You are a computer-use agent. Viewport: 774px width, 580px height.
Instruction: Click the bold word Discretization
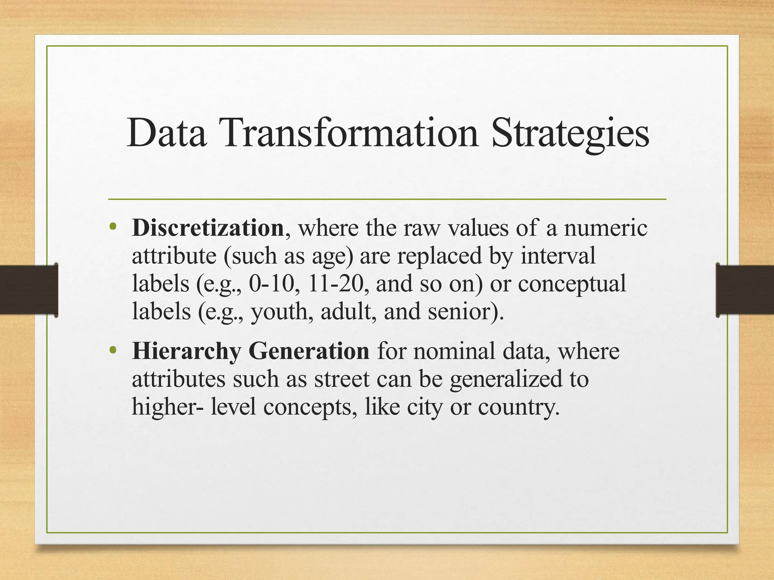tap(208, 228)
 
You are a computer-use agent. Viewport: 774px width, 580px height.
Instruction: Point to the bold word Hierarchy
tap(186, 351)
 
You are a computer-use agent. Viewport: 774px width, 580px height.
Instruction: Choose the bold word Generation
tap(309, 351)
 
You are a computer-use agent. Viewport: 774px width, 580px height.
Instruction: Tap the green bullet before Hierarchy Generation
tap(112, 350)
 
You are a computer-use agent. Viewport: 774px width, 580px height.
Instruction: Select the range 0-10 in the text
tap(271, 284)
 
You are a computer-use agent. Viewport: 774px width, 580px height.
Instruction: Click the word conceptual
tap(571, 284)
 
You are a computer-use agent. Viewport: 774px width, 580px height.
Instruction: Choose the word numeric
tap(605, 228)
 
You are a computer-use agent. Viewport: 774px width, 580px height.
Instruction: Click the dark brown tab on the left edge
tap(29, 290)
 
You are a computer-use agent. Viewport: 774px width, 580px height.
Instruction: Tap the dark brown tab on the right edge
tap(745, 290)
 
